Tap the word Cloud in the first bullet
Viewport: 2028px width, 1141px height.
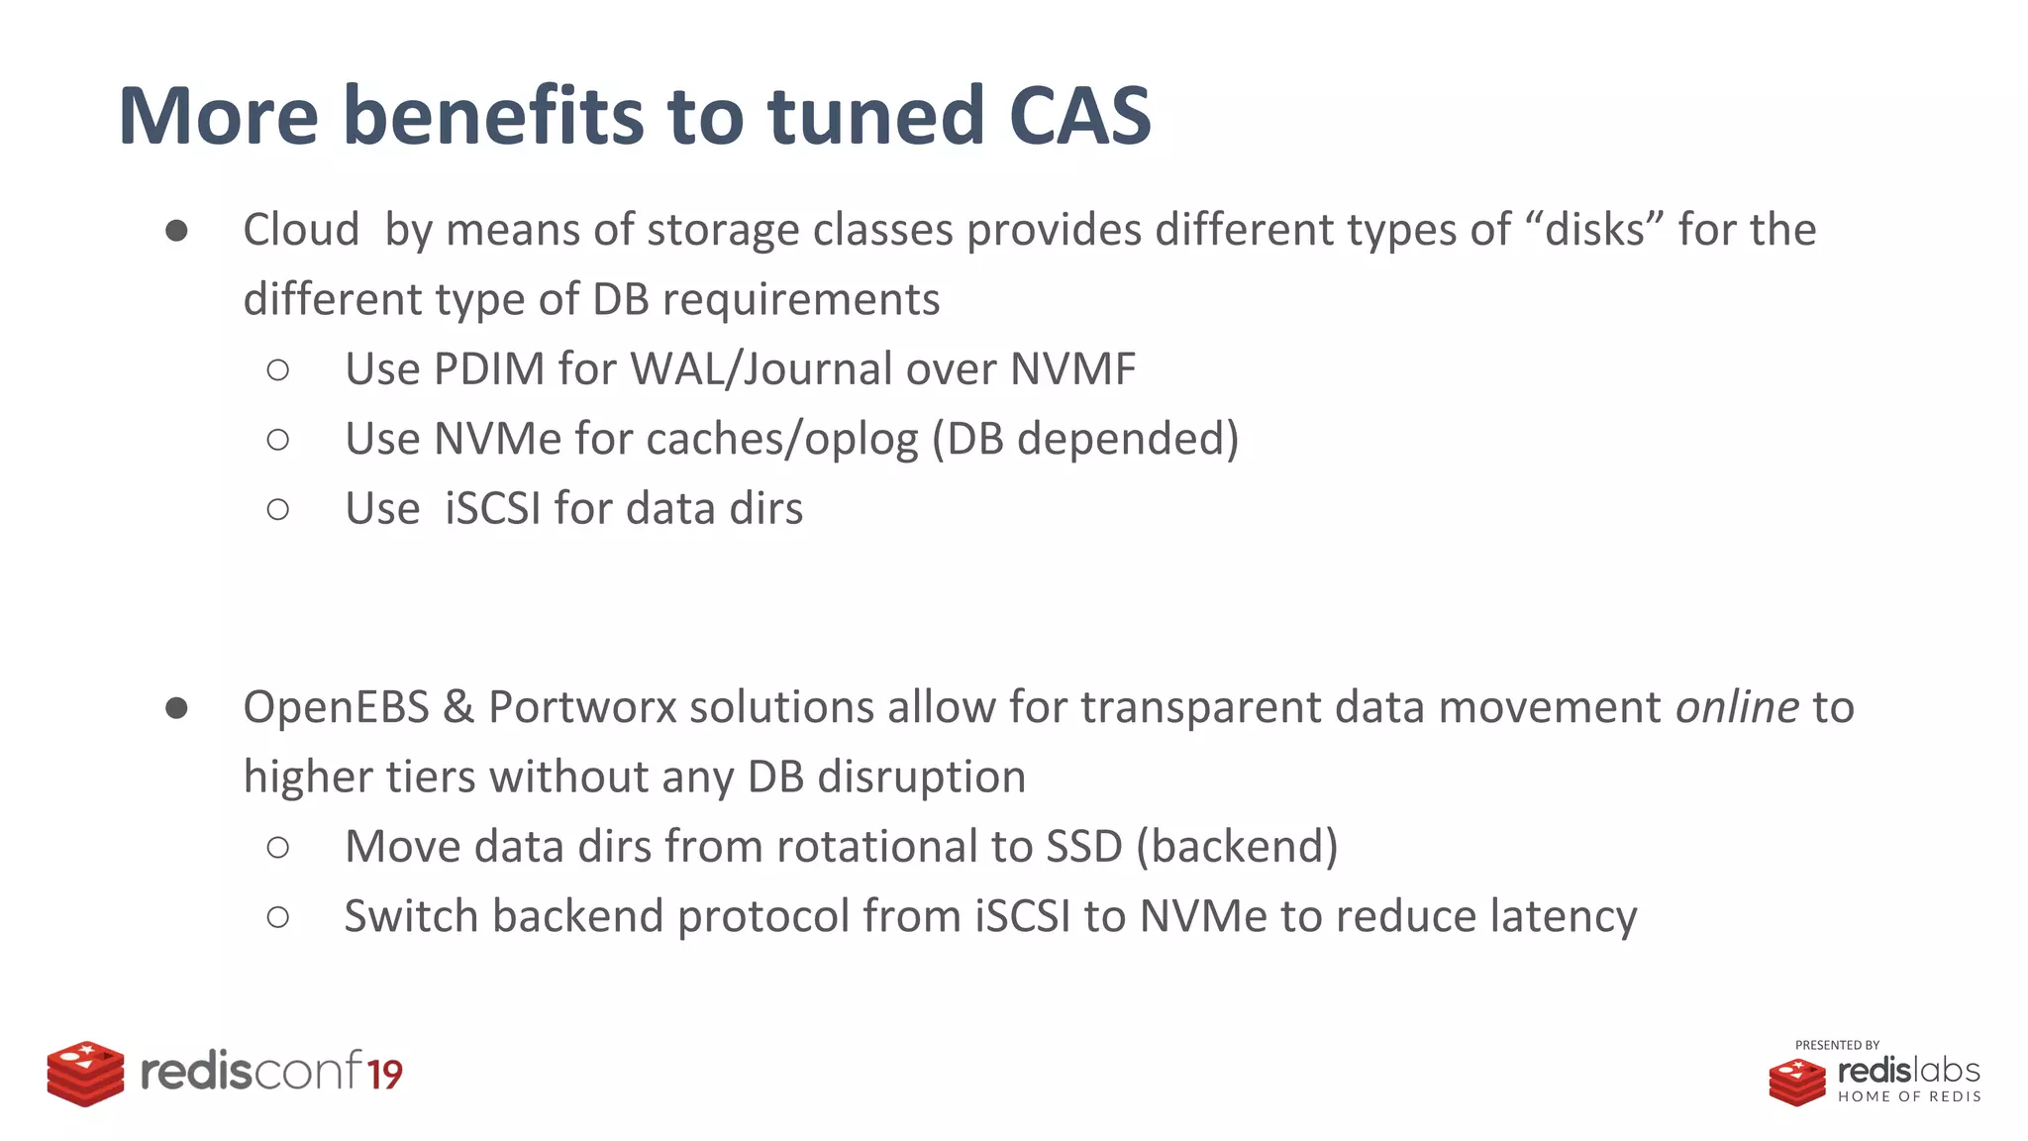301,230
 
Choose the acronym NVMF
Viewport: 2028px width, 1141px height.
1072,369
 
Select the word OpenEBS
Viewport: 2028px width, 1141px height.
336,707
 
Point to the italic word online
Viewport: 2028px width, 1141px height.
1737,707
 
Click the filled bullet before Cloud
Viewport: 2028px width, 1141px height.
177,231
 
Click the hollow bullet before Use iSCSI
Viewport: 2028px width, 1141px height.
278,509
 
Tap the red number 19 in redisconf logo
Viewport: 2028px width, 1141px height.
385,1075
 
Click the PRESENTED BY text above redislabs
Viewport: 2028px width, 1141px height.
1837,1045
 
